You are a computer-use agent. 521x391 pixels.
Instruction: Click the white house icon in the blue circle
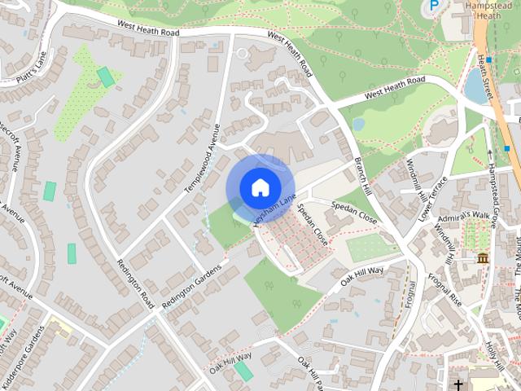coord(260,187)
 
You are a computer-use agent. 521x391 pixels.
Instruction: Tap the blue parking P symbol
coord(435,6)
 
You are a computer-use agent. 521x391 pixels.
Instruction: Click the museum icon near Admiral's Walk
coord(483,258)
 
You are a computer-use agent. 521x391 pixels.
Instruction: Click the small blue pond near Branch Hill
coord(358,125)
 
